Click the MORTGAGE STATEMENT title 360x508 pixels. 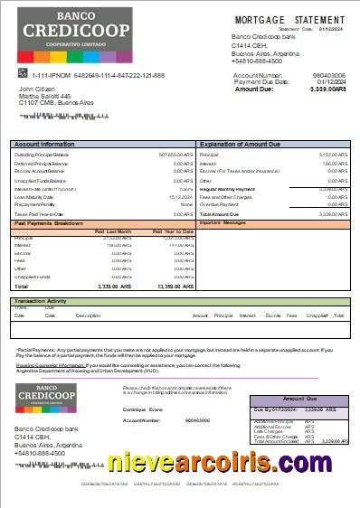290,19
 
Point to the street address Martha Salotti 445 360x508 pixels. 44,96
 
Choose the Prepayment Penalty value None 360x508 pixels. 186,204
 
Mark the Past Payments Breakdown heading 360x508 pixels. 49,222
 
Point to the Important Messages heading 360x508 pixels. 223,222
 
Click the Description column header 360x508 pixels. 88,315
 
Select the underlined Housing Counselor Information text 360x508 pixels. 46,363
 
